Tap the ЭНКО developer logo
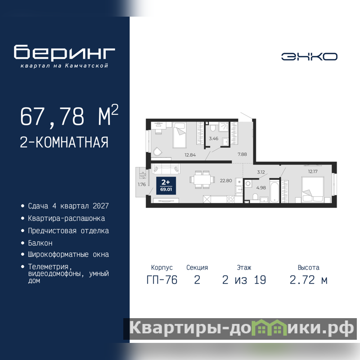(309, 57)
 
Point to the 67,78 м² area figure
(69, 115)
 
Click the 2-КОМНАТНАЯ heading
(64, 142)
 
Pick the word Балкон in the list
(40, 243)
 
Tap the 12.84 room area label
(190, 155)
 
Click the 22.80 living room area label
(226, 181)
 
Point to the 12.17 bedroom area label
(313, 171)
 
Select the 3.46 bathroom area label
(213, 139)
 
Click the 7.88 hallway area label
(242, 154)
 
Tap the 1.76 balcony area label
(142, 184)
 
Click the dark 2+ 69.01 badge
(166, 186)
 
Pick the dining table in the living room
(202, 180)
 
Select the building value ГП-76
(162, 280)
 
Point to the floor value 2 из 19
(244, 280)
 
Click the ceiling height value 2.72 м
(308, 280)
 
